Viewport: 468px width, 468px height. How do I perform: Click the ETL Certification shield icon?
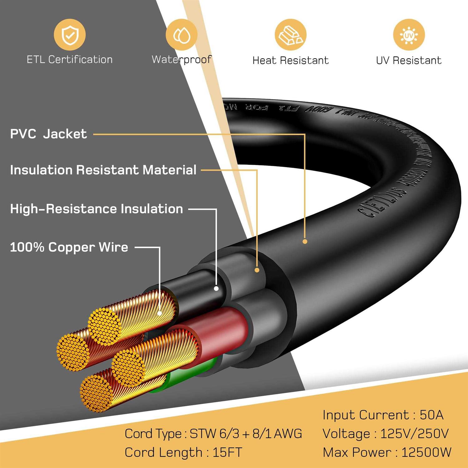coord(70,35)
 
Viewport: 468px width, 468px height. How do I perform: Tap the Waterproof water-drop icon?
coord(181,35)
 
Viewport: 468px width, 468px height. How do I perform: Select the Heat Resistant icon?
coord(290,35)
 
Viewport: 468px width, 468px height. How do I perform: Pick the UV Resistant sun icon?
coord(409,35)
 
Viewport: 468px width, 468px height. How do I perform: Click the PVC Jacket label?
coord(48,134)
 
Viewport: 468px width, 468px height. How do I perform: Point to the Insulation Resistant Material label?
coord(103,170)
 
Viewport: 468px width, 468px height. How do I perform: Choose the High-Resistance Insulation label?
coord(96,209)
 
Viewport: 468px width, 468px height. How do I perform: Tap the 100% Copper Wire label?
coord(69,247)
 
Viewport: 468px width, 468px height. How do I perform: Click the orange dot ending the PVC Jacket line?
coord(305,241)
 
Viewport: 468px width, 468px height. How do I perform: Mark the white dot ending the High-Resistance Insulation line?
coord(216,289)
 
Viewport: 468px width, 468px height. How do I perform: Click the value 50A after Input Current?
coord(431,415)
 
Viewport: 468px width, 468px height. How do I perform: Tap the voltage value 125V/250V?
coord(414,434)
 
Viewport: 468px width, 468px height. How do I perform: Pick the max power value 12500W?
coord(426,452)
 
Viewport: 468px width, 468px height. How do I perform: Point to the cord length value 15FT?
coord(227,452)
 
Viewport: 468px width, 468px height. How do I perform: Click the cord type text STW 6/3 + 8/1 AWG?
coord(246,434)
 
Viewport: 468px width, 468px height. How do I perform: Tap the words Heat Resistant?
coord(290,60)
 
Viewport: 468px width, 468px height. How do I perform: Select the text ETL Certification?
coord(70,60)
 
